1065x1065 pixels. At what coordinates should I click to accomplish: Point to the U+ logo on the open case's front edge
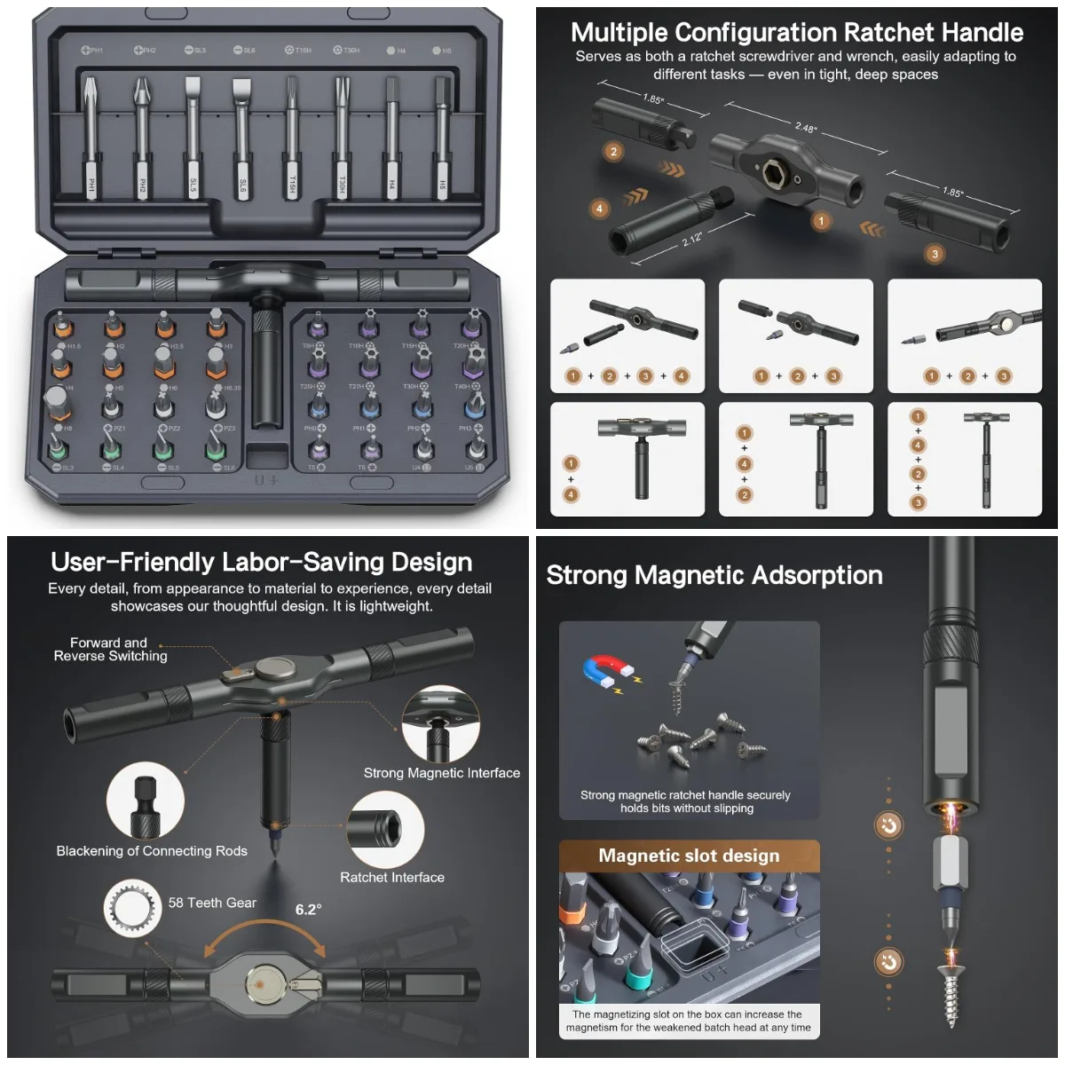(266, 480)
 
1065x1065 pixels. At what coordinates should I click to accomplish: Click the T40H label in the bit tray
(462, 387)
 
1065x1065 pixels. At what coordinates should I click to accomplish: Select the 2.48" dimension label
(805, 128)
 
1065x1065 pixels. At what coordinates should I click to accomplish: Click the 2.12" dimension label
(692, 238)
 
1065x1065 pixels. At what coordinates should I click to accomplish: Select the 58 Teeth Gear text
(212, 903)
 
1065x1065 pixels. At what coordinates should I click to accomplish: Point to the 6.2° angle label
(308, 910)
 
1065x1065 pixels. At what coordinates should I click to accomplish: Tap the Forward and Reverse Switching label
(110, 649)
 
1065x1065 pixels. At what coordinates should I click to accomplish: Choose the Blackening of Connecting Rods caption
(152, 851)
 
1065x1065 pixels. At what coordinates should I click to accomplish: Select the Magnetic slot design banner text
(689, 856)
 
